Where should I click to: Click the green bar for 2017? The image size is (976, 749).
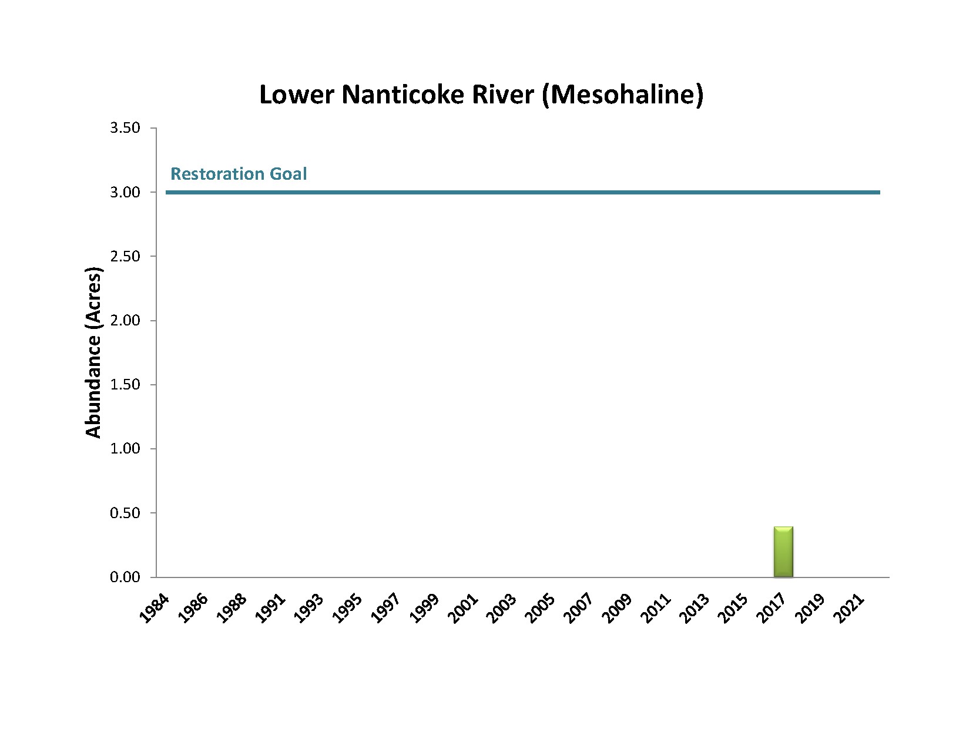pos(783,552)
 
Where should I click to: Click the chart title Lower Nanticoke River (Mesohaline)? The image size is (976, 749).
pos(481,95)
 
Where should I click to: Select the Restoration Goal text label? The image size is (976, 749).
pos(239,174)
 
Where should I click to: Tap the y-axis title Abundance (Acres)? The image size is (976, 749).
pos(93,352)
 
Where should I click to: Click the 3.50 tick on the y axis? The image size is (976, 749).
pos(125,128)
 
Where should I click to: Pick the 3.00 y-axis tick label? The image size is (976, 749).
pos(125,192)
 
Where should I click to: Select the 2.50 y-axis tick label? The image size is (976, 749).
pos(125,256)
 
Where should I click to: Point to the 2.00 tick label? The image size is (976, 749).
pos(125,321)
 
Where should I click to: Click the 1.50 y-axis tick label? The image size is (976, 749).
pos(125,385)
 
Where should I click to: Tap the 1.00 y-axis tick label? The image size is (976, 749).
pos(125,449)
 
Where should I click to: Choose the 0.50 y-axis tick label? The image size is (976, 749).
pos(125,513)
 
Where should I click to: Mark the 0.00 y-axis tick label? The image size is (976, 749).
pos(125,577)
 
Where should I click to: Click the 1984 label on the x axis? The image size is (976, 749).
pos(155,609)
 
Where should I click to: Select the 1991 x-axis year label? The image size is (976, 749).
pos(271,609)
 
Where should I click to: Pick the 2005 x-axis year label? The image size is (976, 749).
pos(541,609)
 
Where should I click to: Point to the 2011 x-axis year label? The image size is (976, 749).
pos(656,609)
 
